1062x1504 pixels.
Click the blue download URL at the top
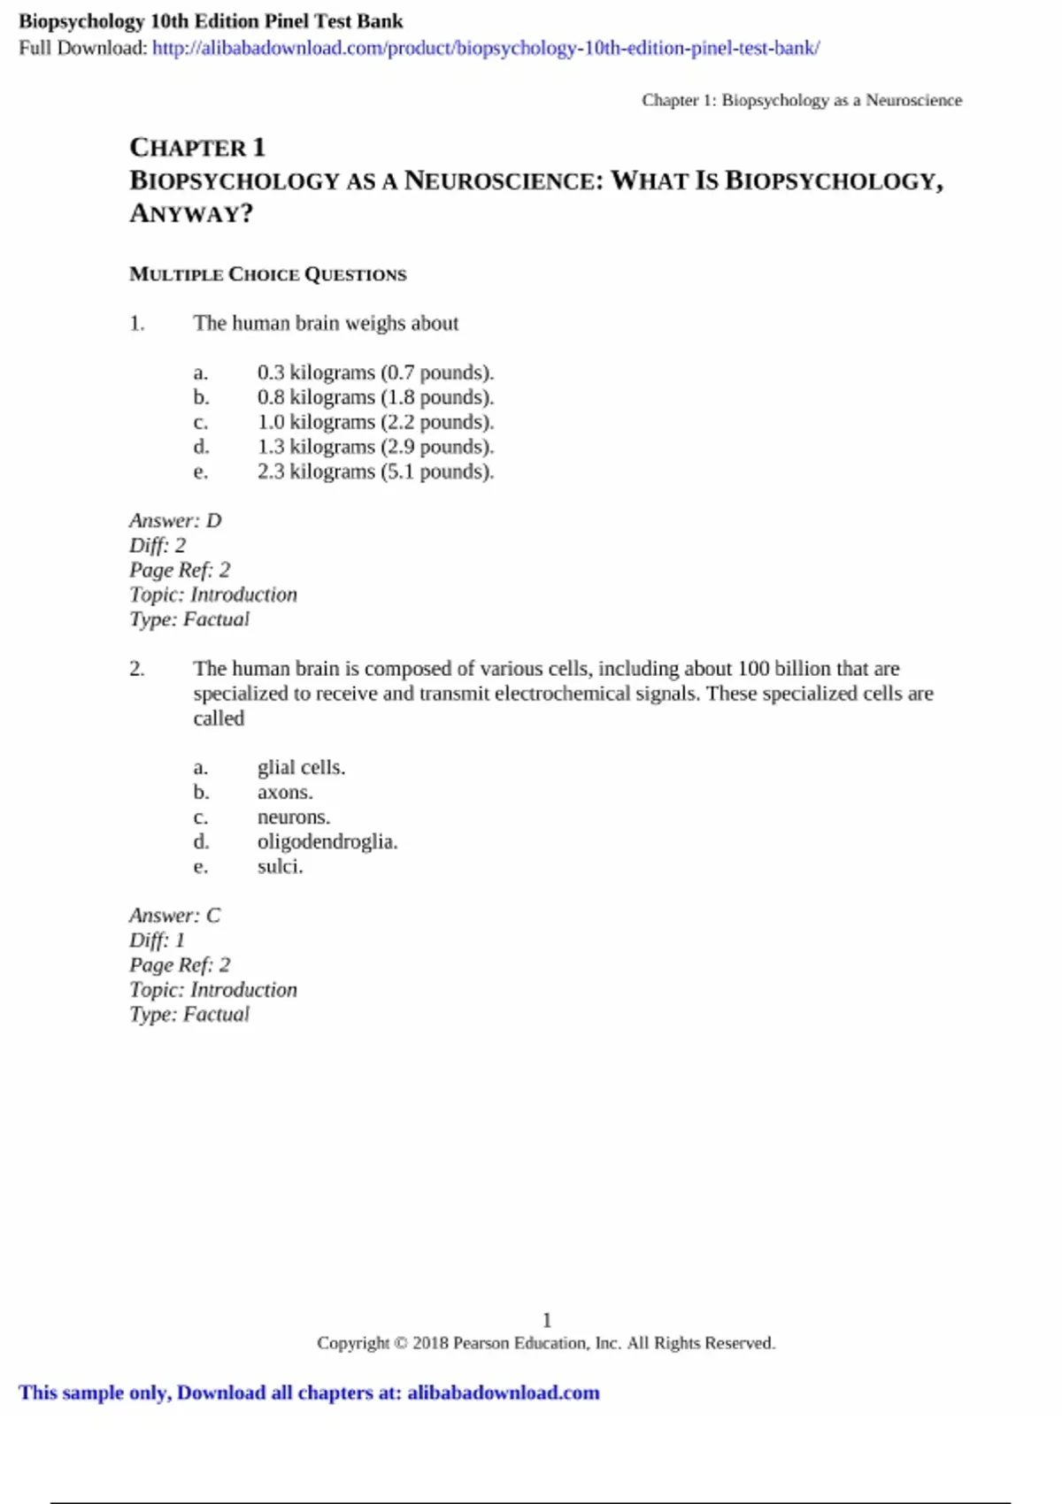point(485,48)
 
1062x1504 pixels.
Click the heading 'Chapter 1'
point(196,147)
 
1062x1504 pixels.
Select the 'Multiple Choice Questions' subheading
point(267,274)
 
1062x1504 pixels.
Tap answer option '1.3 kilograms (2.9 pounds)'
point(375,447)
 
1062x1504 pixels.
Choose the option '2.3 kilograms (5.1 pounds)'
point(375,472)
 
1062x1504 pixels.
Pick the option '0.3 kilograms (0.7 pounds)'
point(375,372)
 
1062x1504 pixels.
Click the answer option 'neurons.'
point(293,817)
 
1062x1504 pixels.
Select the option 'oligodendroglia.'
point(327,841)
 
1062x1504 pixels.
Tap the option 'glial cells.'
point(301,767)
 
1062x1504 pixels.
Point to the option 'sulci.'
point(280,866)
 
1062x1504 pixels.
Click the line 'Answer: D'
point(175,520)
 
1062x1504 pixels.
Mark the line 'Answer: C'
point(174,915)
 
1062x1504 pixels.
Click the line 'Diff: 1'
point(157,940)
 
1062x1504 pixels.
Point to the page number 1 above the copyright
point(547,1320)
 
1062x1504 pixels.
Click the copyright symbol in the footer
point(401,1343)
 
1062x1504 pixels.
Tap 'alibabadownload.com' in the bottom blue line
point(503,1393)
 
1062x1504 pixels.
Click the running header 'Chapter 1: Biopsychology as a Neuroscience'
point(802,100)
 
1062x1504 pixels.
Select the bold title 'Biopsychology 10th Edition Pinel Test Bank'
point(211,21)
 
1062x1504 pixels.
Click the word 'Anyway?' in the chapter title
point(191,213)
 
